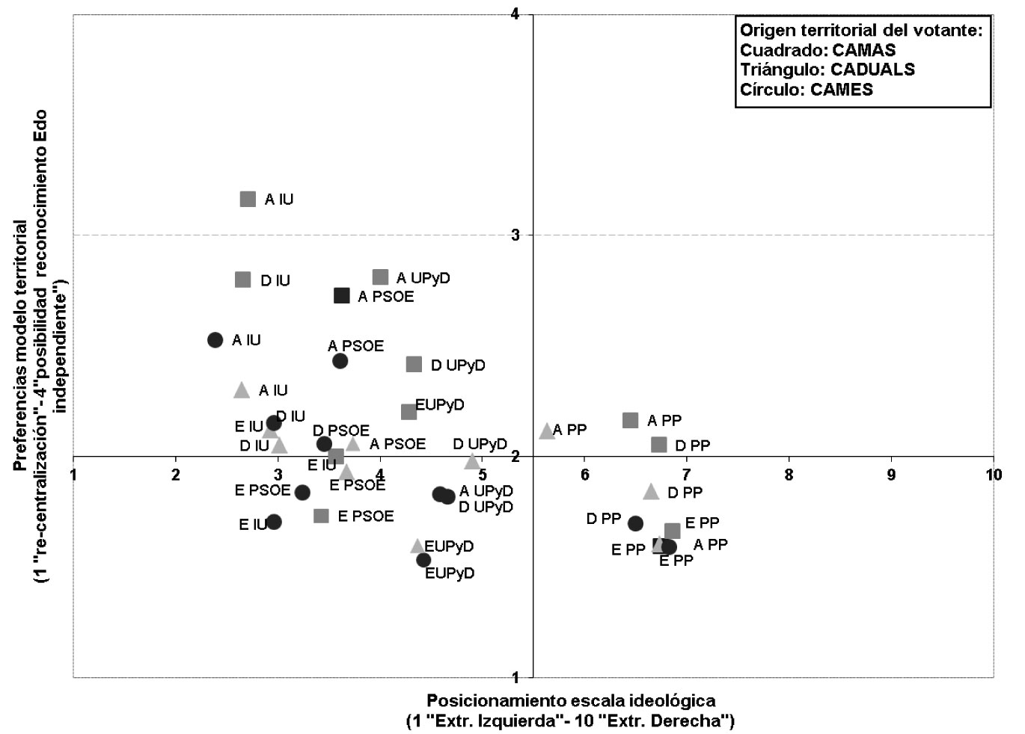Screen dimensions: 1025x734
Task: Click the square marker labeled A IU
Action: pos(248,200)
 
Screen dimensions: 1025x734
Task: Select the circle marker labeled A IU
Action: pos(215,339)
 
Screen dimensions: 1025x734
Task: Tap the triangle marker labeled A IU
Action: pos(242,390)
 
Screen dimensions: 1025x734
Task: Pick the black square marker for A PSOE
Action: pos(342,296)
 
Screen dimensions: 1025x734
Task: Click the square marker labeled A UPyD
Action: pos(381,277)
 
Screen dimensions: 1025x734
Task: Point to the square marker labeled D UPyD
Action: pos(414,364)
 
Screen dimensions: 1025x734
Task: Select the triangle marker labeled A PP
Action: pos(547,431)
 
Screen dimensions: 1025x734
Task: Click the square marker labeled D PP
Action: pos(659,444)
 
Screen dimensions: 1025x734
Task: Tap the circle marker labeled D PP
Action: pos(635,523)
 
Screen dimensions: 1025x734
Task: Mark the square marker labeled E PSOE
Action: pos(321,516)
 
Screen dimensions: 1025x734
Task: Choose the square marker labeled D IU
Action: pos(243,280)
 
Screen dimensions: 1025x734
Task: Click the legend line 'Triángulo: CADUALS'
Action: pos(827,70)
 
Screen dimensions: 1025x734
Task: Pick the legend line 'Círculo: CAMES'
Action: pos(807,90)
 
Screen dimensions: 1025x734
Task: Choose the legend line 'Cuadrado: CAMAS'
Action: pos(818,50)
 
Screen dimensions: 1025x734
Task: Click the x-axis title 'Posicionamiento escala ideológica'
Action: pos(571,700)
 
